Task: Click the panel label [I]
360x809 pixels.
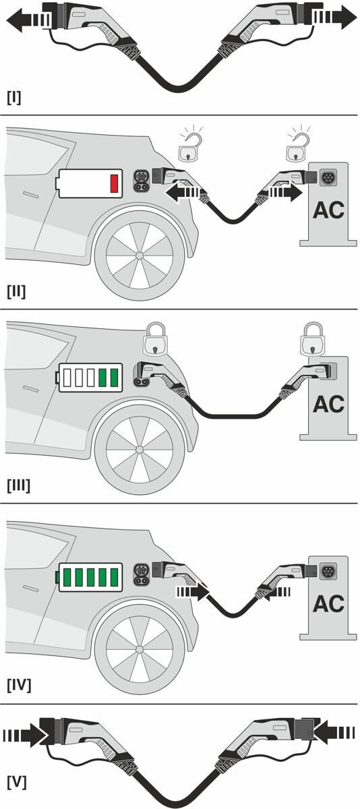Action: click(x=14, y=97)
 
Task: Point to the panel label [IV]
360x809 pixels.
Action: click(x=19, y=686)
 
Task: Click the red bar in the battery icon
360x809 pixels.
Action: click(x=114, y=183)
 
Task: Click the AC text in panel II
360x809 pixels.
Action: click(x=328, y=210)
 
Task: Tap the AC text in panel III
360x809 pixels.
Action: click(x=328, y=404)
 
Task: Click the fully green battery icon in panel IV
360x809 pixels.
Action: click(x=90, y=577)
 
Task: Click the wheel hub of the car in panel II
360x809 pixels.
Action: click(x=139, y=257)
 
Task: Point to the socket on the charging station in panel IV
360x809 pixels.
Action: click(x=329, y=570)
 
